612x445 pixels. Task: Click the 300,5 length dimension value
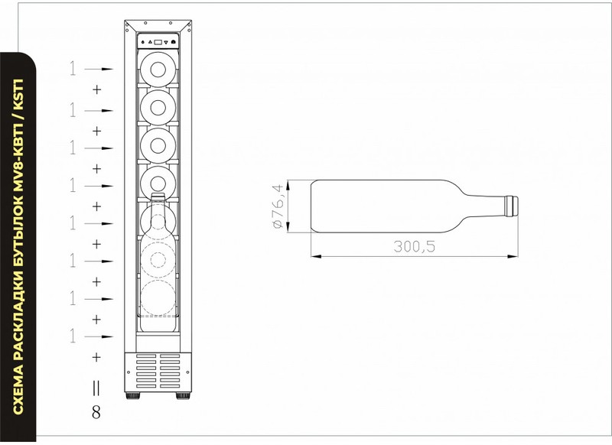click(x=414, y=246)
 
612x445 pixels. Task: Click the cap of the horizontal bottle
click(x=512, y=206)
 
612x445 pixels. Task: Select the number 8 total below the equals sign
click(x=96, y=412)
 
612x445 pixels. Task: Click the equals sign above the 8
click(x=96, y=388)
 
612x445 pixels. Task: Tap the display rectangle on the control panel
click(x=158, y=41)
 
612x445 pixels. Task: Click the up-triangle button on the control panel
click(x=150, y=41)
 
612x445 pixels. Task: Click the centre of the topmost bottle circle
click(x=158, y=70)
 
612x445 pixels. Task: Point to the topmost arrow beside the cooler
click(x=99, y=70)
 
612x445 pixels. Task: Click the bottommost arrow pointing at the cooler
click(x=99, y=336)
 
